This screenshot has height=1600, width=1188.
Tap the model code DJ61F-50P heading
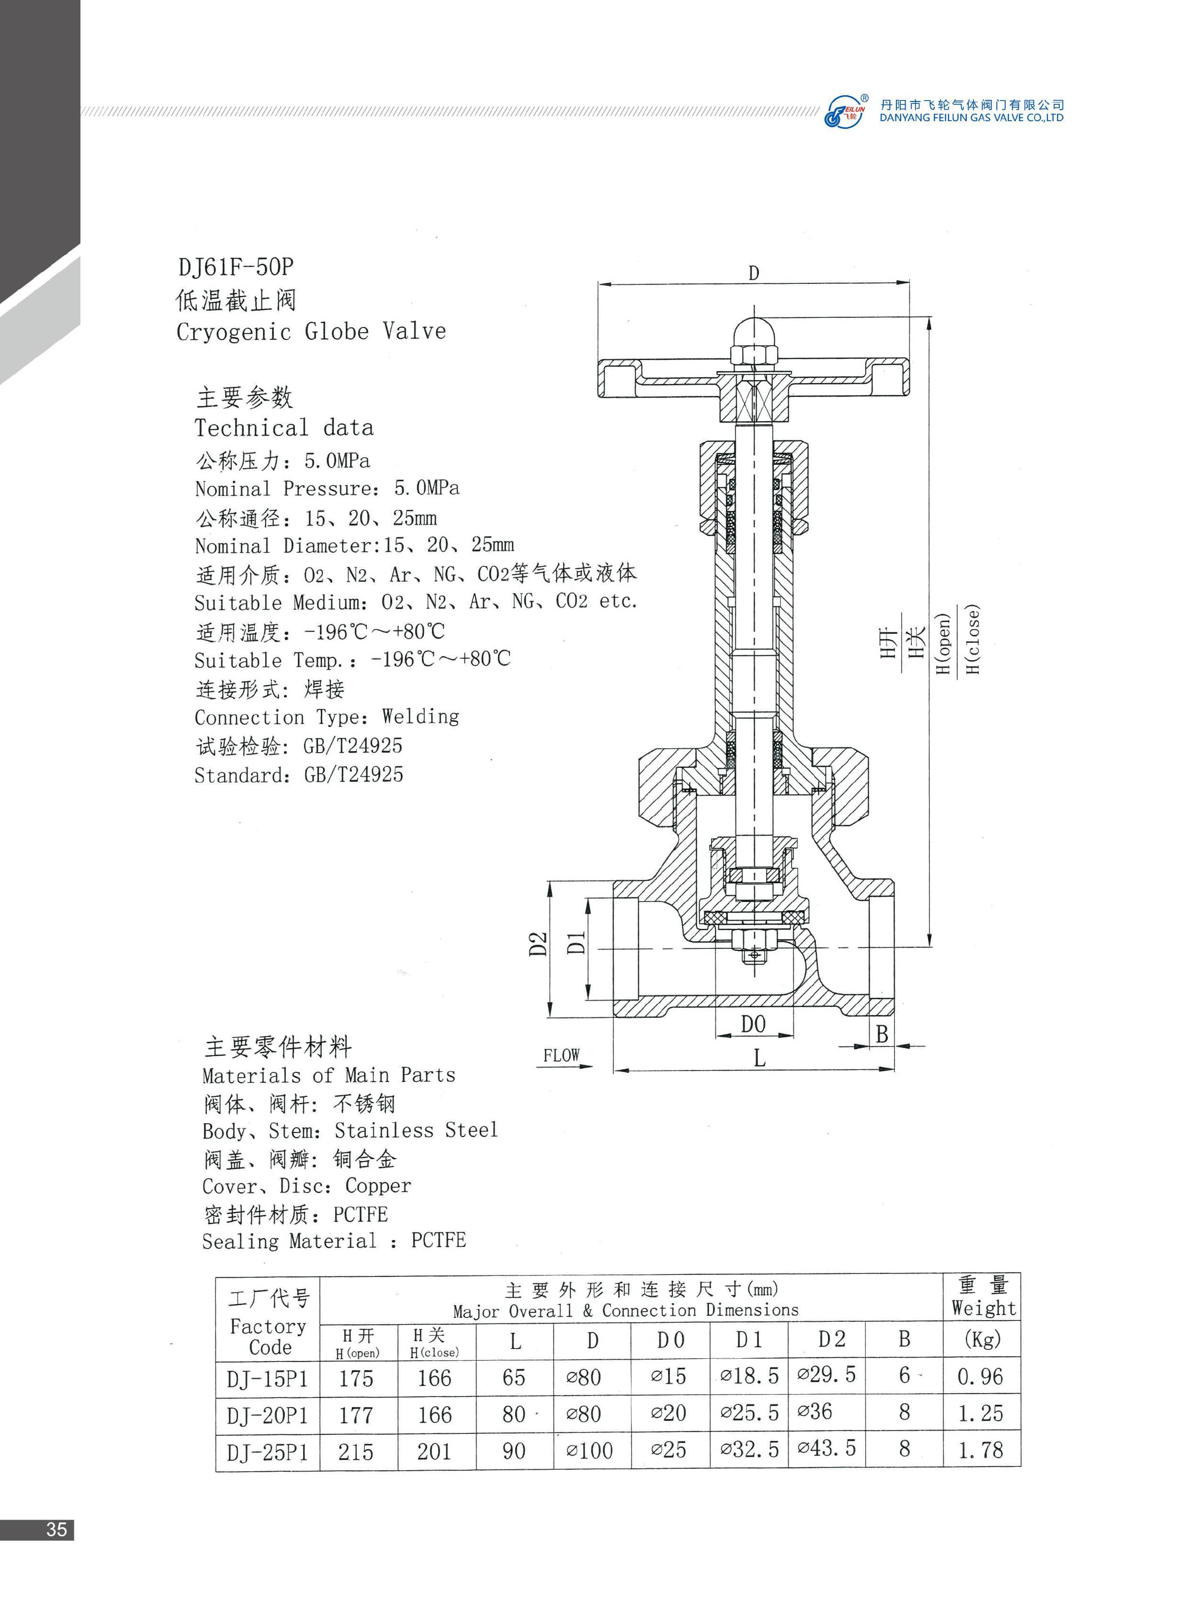click(x=236, y=267)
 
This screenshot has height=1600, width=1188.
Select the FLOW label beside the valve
click(x=561, y=1055)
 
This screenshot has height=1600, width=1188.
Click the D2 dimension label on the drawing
click(x=538, y=944)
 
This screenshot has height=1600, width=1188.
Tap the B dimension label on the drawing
click(x=882, y=1034)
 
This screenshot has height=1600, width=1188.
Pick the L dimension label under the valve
click(x=759, y=1058)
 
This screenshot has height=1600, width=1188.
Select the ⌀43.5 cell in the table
click(x=826, y=1448)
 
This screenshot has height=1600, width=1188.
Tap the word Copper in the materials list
click(x=378, y=1186)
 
